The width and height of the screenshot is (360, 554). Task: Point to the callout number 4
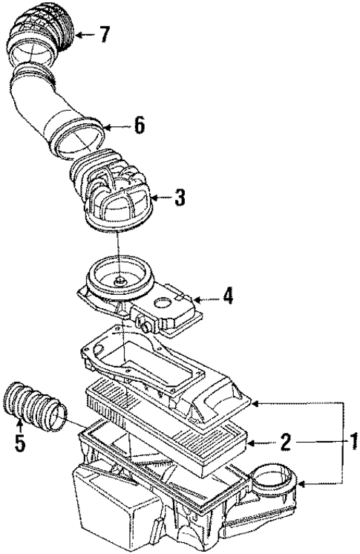(228, 296)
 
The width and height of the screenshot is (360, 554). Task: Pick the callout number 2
(284, 443)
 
